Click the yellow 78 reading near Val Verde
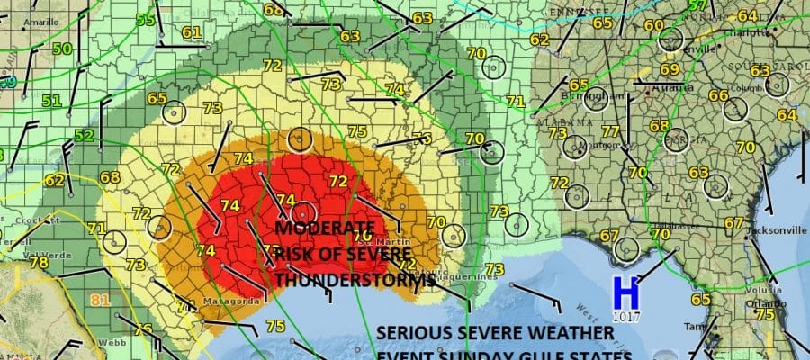(39, 263)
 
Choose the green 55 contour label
(145, 20)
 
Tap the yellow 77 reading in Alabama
(610, 133)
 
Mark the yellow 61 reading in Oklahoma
(190, 33)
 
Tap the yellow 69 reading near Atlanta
(669, 69)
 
